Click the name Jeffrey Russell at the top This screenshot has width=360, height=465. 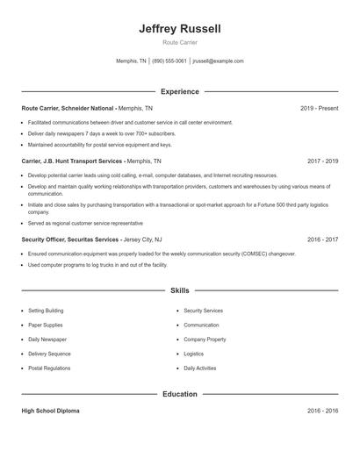(180, 29)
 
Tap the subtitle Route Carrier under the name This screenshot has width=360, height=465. (180, 42)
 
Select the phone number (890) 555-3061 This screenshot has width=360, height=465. (169, 61)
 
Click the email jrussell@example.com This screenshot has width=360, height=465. (218, 61)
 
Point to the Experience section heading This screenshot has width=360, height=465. (180, 91)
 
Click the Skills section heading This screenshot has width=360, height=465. (180, 290)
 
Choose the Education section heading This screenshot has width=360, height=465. (180, 394)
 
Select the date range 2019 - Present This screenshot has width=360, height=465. (319, 108)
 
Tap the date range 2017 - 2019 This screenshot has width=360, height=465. (322, 161)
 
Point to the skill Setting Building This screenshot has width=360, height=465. (46, 311)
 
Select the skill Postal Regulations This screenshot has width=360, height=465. (48, 368)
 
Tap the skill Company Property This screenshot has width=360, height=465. (205, 339)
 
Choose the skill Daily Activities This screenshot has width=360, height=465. (200, 368)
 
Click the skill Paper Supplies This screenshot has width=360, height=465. (45, 325)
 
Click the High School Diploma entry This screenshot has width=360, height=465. (50, 411)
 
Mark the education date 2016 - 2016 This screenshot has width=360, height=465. (322, 411)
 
